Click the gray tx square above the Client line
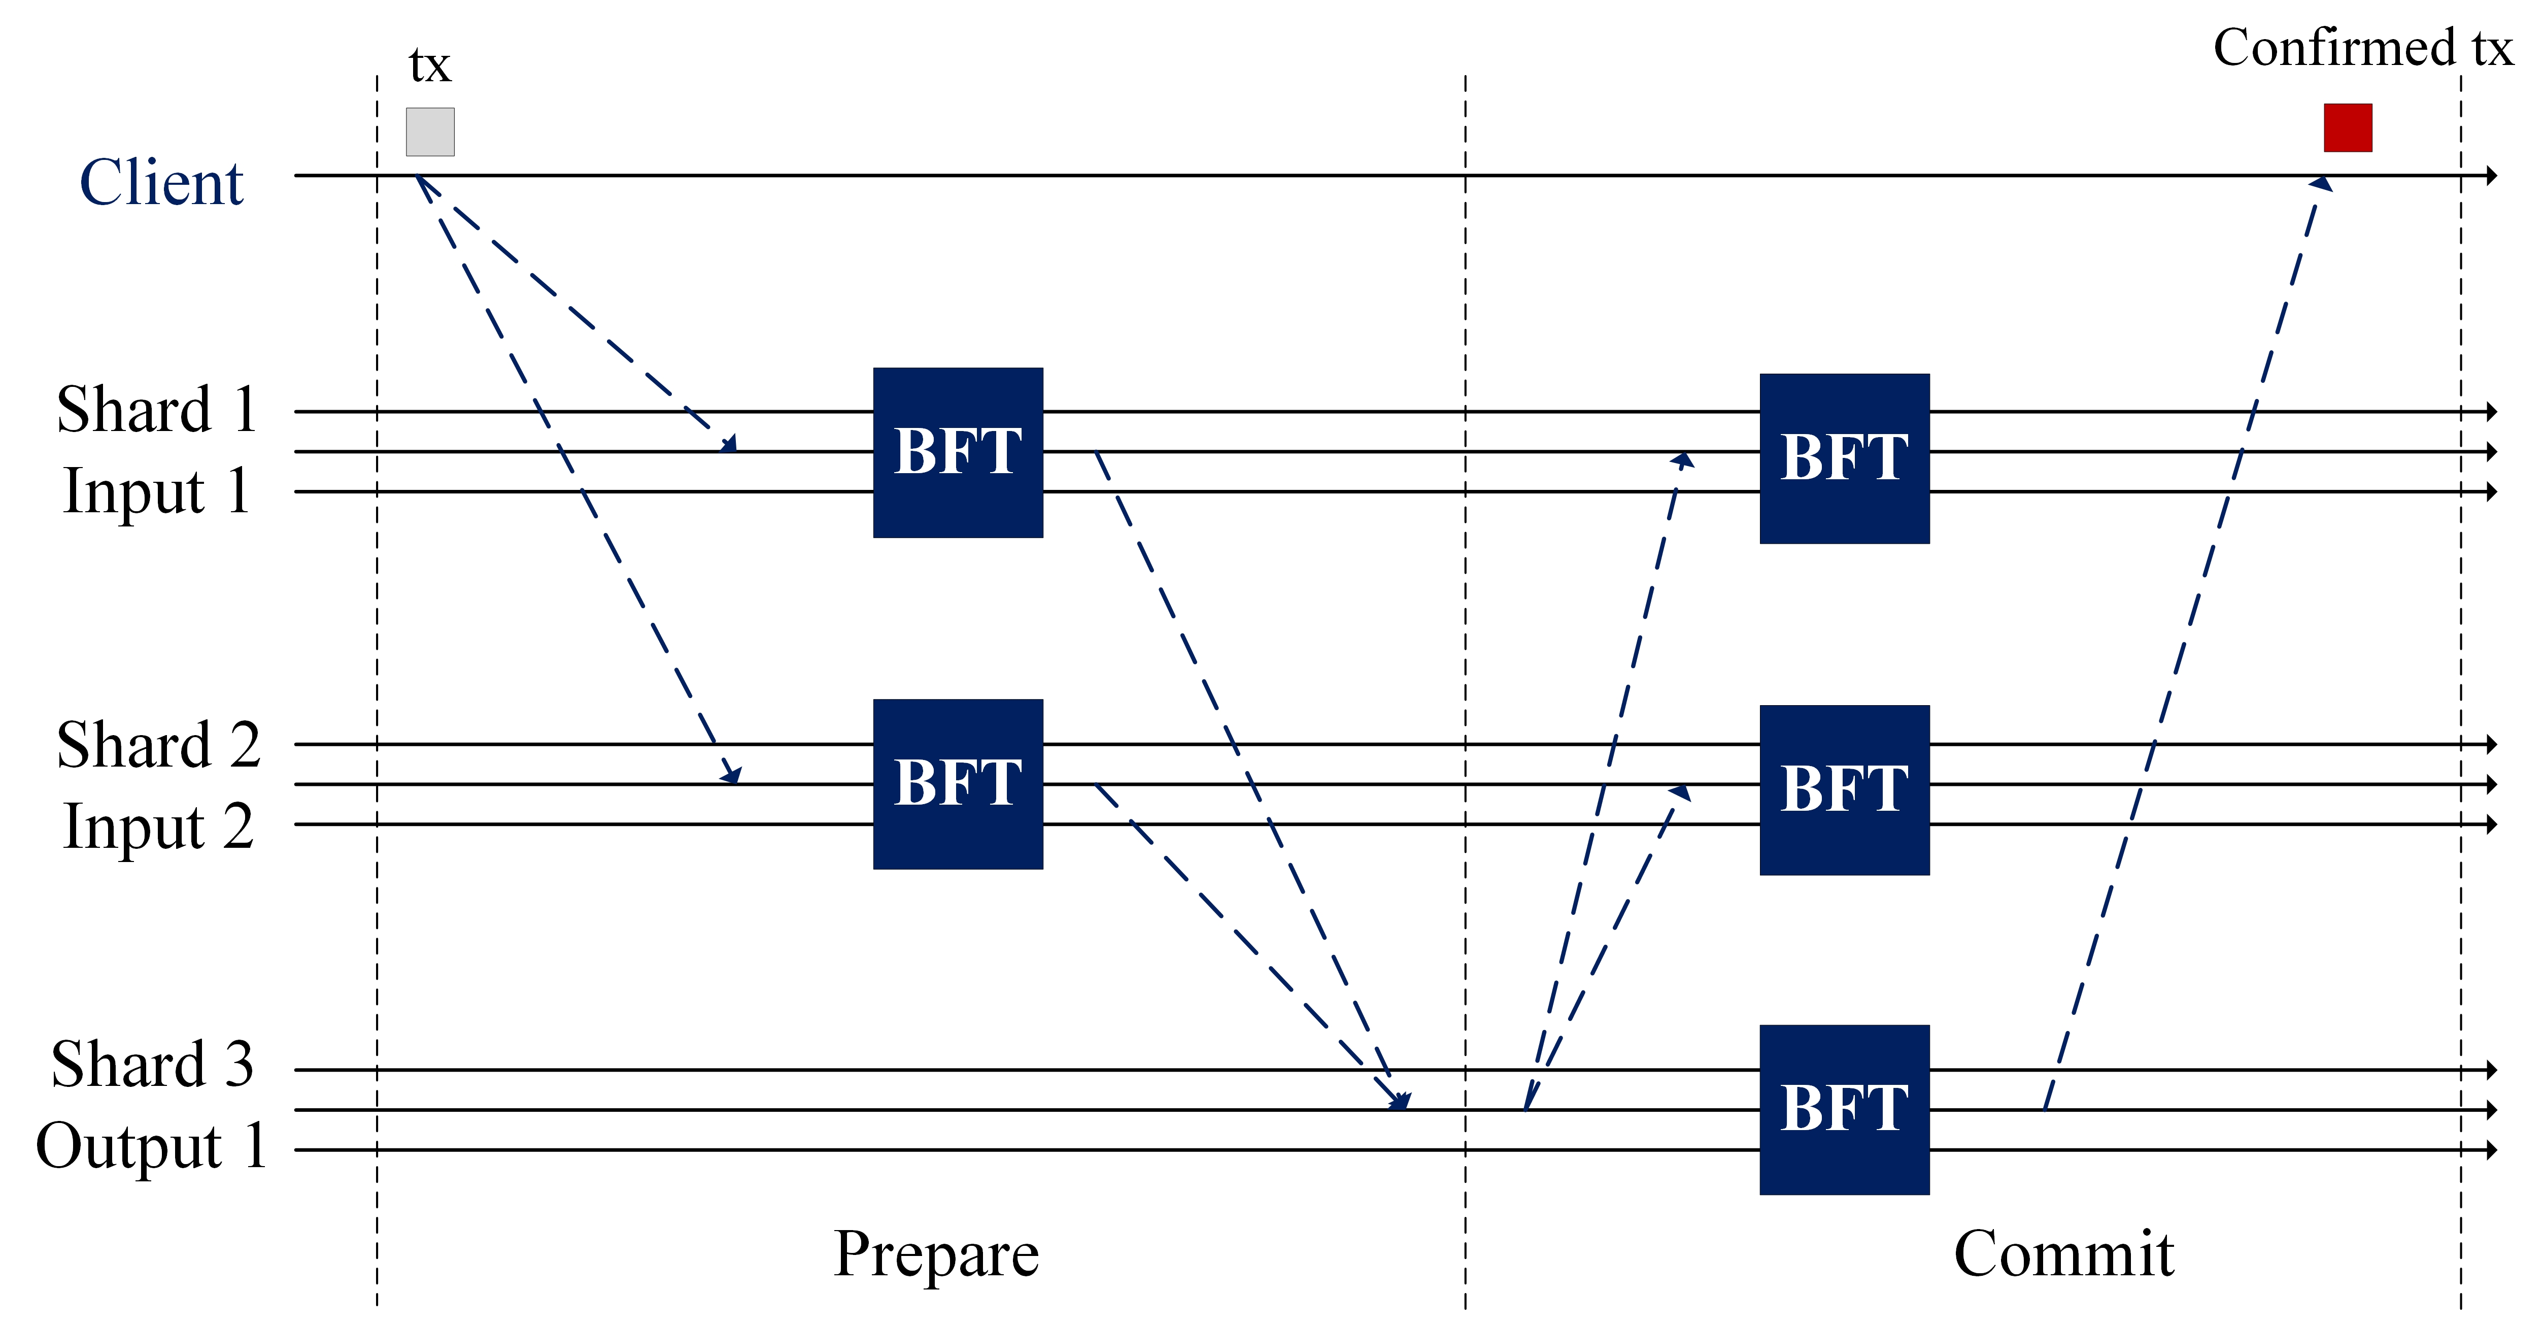tap(430, 131)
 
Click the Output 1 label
tap(151, 1146)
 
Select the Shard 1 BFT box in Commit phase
tap(1844, 458)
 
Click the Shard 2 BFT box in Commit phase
tap(1844, 789)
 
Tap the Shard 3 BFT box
tap(1844, 1110)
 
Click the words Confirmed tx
tap(2361, 47)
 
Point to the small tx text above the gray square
tap(430, 66)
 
